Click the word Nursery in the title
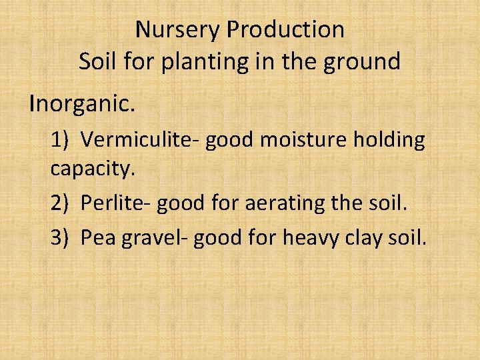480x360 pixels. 178,29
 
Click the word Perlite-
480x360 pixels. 115,203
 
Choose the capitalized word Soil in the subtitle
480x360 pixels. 97,62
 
